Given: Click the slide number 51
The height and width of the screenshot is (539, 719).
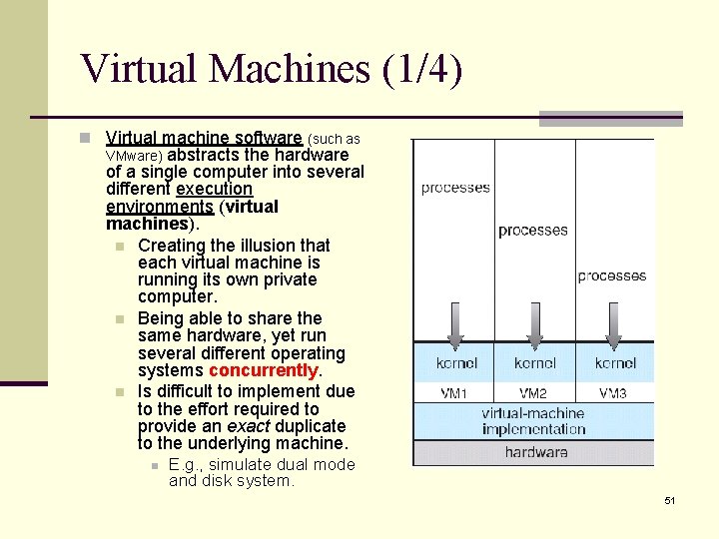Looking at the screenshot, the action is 670,500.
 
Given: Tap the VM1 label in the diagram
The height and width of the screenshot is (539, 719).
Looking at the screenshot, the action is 454,393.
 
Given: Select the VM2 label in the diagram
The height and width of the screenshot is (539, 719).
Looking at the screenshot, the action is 534,393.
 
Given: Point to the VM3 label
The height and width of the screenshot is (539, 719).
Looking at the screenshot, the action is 613,393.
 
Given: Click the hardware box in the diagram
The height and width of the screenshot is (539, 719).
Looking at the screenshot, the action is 535,452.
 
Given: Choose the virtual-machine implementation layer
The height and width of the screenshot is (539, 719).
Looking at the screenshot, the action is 534,421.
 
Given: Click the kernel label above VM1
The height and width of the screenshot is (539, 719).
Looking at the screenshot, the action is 455,363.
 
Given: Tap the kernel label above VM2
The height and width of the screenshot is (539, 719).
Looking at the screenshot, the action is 535,363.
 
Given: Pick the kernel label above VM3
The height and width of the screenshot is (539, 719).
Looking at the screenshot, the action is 614,363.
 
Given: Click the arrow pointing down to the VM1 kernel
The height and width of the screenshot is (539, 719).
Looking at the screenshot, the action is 455,322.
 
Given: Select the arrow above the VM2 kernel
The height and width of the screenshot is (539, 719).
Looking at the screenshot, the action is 534,322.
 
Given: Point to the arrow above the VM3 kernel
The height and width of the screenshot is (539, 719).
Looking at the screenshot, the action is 613,322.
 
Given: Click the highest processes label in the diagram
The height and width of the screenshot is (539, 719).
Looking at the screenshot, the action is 455,188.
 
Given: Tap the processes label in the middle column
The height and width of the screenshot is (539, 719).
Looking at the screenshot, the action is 532,231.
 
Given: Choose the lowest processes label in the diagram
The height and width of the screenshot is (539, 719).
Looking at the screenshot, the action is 611,276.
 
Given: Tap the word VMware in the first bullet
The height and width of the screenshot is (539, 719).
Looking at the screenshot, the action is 133,157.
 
